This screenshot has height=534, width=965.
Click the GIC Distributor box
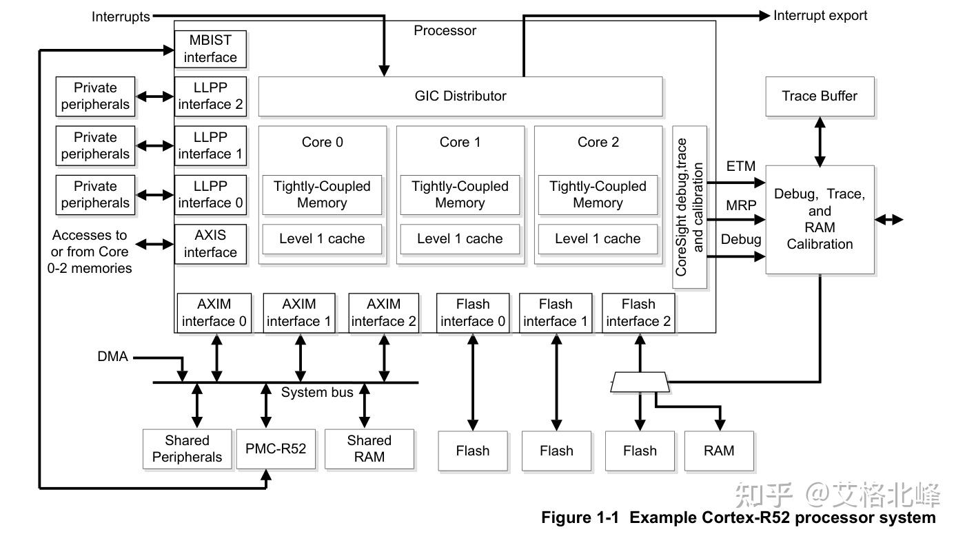pos(460,96)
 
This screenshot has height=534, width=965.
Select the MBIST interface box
pos(210,49)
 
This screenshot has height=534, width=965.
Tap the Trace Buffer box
pos(820,96)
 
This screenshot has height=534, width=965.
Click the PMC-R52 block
pos(276,450)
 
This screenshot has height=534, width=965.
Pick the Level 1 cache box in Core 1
pos(460,239)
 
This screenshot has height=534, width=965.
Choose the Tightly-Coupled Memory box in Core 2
pos(598,194)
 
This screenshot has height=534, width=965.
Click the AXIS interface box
pos(210,244)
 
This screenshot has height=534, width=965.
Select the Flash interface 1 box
pos(556,313)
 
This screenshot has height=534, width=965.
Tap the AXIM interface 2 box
pos(383,313)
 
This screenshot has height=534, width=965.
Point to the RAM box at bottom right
pos(719,451)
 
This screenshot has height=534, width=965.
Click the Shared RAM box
pos(369,449)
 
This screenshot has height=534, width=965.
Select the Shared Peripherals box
pos(187,449)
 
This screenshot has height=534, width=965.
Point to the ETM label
pos(741,167)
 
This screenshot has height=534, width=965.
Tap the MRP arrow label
pos(741,205)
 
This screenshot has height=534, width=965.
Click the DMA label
pos(112,357)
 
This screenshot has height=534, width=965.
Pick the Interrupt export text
pos(820,15)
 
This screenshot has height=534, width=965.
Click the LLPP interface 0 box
pos(210,194)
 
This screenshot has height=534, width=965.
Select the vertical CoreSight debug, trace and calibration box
pos(690,207)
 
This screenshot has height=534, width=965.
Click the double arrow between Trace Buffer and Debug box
pos(820,141)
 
